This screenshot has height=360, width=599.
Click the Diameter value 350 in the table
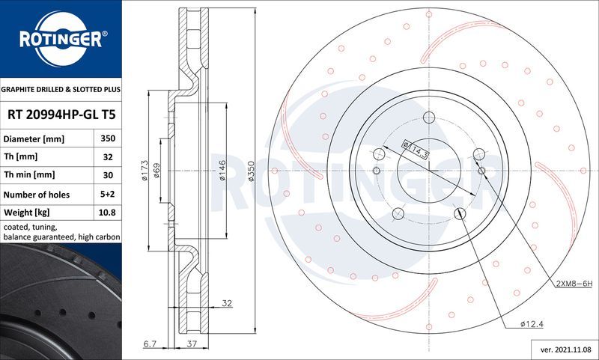point(107,139)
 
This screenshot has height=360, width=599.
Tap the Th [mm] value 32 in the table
point(107,157)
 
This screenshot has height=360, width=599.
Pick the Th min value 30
point(107,175)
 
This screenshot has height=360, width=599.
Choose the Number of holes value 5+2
point(107,195)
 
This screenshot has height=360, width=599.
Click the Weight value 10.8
point(107,213)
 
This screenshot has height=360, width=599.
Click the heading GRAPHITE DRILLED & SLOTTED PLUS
point(61,89)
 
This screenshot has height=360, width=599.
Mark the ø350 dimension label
point(252,172)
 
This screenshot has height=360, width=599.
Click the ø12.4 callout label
point(533,323)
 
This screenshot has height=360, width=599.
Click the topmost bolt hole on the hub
point(429,118)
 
